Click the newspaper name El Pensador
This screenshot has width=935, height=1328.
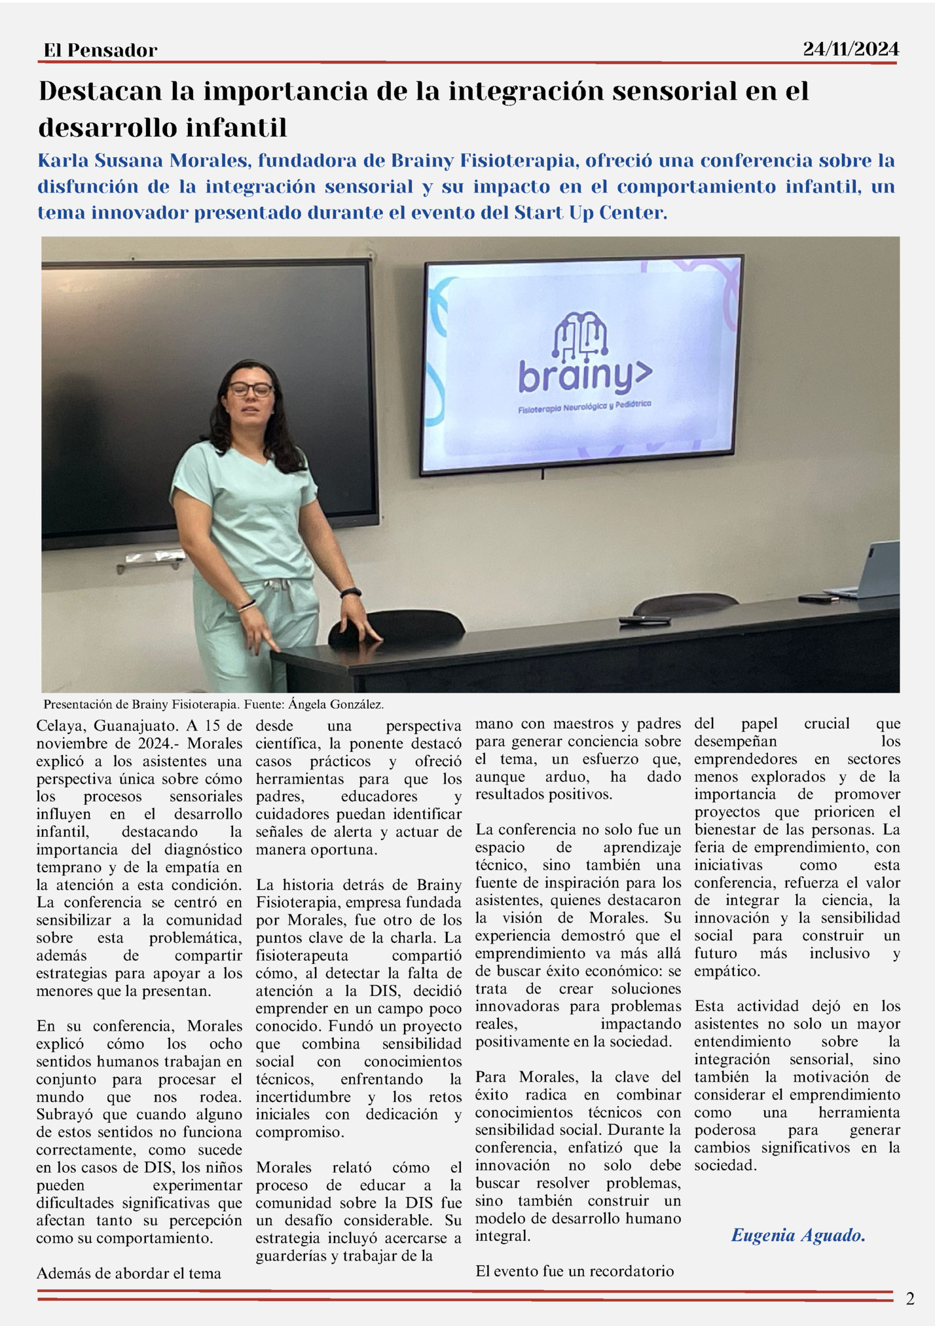coord(100,50)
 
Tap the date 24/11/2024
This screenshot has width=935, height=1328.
coord(851,49)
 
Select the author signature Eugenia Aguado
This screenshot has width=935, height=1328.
coord(797,1236)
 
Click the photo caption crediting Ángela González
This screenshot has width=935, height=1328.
coord(213,705)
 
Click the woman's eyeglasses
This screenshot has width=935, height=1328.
coord(251,389)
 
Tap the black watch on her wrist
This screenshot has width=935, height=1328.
coord(351,593)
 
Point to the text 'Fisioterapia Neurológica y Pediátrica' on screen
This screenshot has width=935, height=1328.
coord(584,407)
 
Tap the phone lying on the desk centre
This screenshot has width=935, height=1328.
coord(644,619)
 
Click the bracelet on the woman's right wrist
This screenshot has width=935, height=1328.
coord(247,606)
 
